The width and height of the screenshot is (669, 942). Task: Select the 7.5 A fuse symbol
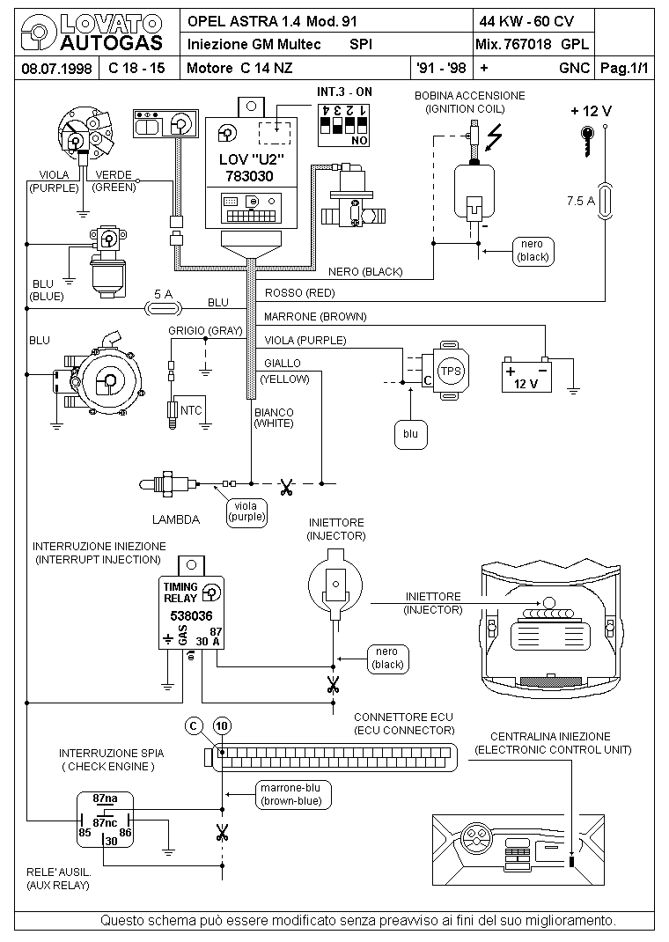pos(605,202)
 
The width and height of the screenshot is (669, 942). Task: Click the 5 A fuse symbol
pos(162,307)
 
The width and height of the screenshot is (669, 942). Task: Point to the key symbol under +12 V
pos(589,141)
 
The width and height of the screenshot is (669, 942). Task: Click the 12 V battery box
pos(526,377)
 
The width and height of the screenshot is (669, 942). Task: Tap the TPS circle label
pos(451,371)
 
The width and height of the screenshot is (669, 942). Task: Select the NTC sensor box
pos(192,410)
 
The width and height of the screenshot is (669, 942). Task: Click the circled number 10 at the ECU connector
pos(223,725)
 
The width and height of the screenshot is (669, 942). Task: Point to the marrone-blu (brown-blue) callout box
pos(290,794)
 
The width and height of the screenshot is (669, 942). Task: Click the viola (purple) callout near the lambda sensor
pos(246,511)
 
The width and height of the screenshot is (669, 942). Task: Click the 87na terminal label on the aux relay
pos(105,798)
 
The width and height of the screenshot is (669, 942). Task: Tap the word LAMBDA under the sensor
pos(176,519)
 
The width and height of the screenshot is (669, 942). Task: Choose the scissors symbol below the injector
pos(332,684)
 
